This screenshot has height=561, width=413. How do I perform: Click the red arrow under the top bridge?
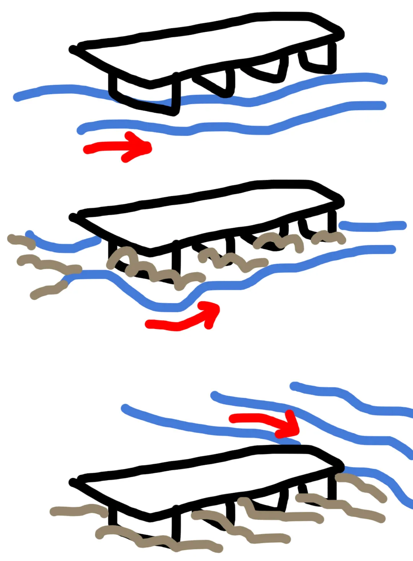coord(115,147)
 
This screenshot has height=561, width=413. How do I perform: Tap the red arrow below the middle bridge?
coord(180,323)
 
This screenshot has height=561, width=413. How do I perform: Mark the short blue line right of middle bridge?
coord(373,226)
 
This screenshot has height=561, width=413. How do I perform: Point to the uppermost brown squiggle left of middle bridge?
coord(21,241)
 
